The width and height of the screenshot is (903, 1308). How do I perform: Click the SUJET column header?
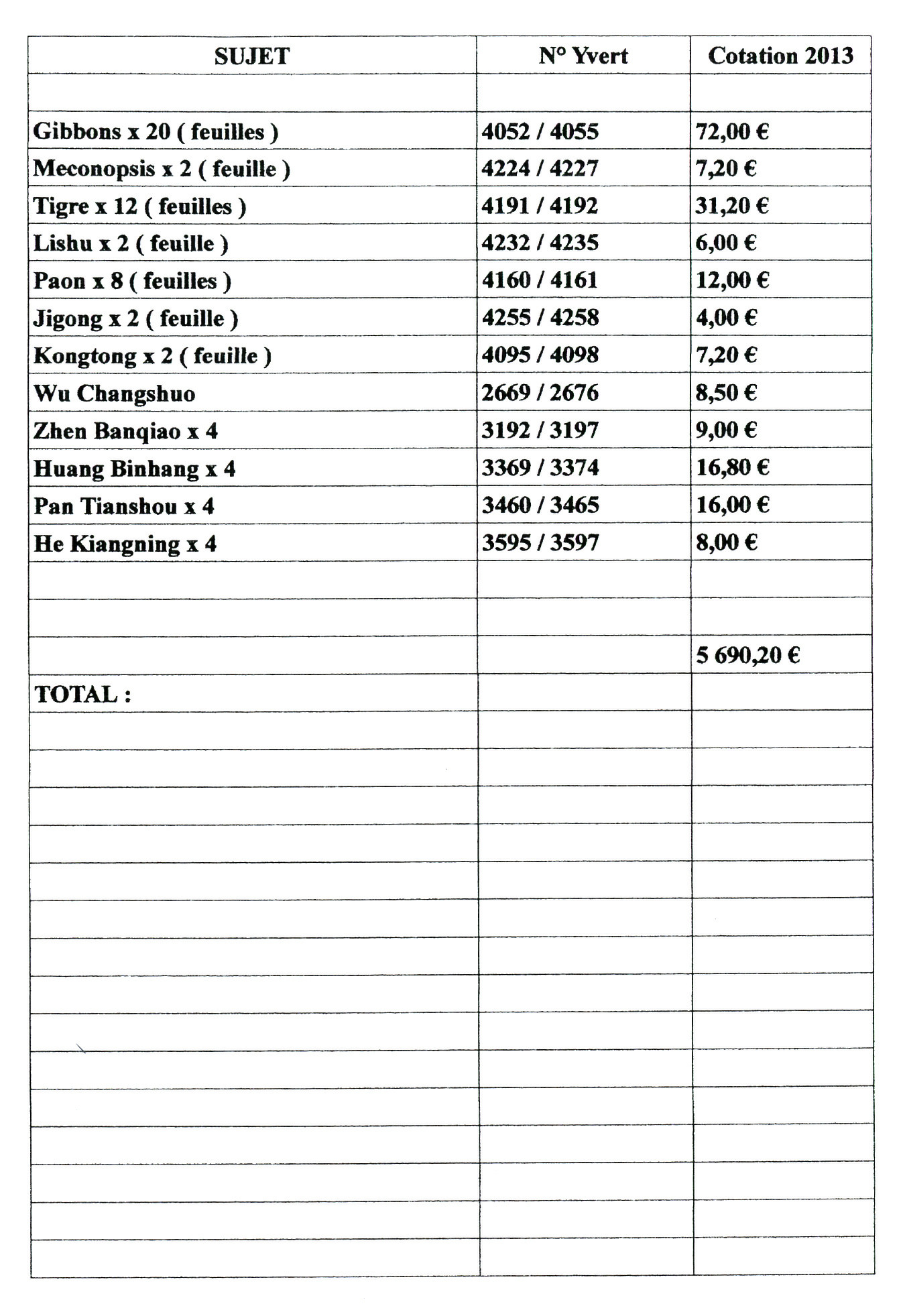click(x=252, y=56)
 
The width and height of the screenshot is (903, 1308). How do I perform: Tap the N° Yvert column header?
click(x=583, y=56)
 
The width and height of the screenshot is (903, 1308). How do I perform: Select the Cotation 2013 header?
click(x=780, y=56)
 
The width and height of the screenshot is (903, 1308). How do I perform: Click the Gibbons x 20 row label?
click(x=156, y=131)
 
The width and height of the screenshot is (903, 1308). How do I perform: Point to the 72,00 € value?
click(x=732, y=131)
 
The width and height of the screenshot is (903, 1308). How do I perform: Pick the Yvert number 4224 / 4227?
click(x=540, y=168)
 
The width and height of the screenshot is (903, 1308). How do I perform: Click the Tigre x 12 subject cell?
click(x=139, y=206)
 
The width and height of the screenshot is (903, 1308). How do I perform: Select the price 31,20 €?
click(x=732, y=206)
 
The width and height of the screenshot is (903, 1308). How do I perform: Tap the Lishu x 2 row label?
click(x=131, y=243)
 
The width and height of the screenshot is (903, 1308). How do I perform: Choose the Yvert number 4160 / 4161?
click(x=540, y=280)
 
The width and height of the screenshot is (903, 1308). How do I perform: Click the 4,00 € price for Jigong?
click(x=726, y=318)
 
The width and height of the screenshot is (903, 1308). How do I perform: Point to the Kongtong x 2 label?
click(x=152, y=355)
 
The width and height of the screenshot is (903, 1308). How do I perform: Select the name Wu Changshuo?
click(x=115, y=394)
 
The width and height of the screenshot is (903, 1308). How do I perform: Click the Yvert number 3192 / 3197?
click(x=540, y=430)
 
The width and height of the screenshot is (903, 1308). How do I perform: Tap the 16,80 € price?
click(x=732, y=468)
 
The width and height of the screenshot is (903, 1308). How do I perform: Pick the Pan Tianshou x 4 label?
click(x=124, y=506)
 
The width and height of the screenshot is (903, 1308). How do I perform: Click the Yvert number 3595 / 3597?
click(x=540, y=543)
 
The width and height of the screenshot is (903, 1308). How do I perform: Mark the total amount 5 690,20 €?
click(x=747, y=655)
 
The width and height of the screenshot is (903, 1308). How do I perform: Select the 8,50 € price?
click(x=726, y=393)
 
